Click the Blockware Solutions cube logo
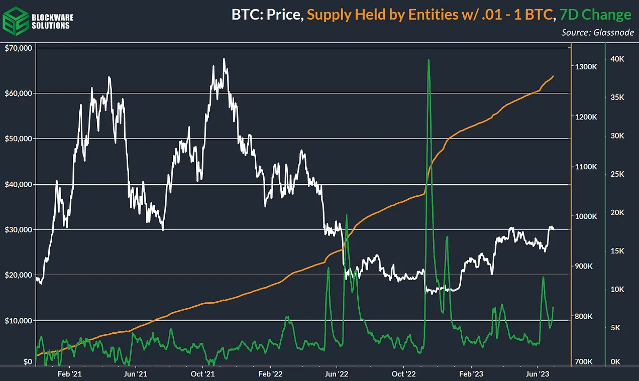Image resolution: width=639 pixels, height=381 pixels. (16, 21)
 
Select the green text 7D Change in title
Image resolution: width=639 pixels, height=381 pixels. (595, 15)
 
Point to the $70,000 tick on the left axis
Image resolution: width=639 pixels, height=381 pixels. (18, 48)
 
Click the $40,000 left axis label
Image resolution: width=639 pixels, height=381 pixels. (18, 184)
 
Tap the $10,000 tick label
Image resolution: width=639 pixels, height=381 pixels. (18, 321)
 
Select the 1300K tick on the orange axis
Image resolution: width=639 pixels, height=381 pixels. (585, 67)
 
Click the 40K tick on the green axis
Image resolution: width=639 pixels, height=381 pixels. (617, 59)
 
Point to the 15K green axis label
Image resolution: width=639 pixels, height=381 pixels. (617, 251)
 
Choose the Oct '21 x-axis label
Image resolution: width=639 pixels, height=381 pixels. (203, 373)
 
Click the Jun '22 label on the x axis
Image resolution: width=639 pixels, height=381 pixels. (337, 373)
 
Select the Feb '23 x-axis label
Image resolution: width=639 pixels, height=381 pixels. (472, 373)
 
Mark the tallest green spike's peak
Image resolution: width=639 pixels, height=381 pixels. (429, 60)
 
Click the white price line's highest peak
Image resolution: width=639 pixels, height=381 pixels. (224, 59)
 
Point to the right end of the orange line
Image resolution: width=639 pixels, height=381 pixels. (554, 76)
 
